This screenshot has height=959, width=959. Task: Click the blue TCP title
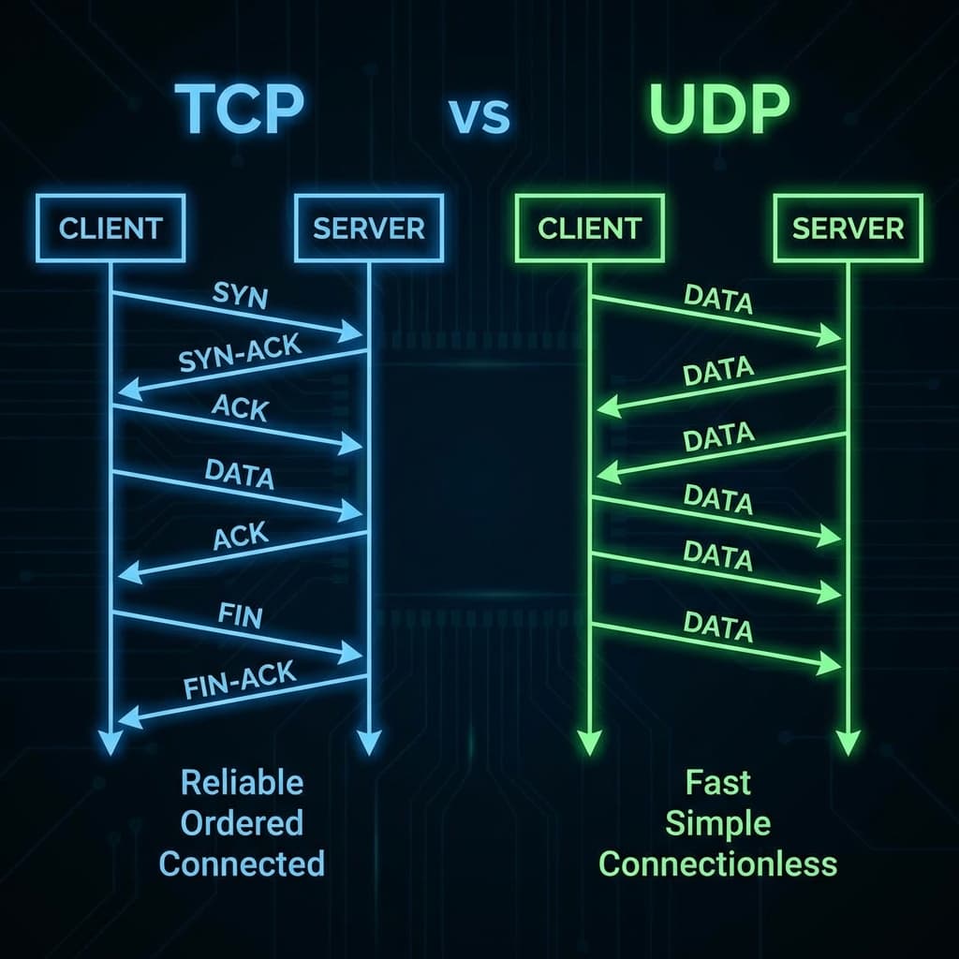pyautogui.click(x=239, y=109)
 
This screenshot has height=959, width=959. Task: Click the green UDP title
pyautogui.click(x=718, y=109)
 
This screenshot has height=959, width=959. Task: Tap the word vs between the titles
pyautogui.click(x=479, y=115)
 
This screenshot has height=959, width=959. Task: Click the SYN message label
pyautogui.click(x=241, y=295)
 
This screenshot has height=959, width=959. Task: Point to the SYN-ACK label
pyautogui.click(x=240, y=353)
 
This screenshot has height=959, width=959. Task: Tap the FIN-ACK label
pyautogui.click(x=240, y=680)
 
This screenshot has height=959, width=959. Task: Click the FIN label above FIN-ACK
pyautogui.click(x=241, y=616)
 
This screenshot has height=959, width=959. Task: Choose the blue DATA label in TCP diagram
pyautogui.click(x=239, y=474)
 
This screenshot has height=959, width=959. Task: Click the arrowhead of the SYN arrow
pyautogui.click(x=352, y=331)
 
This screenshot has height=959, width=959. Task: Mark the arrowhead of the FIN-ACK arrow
pyautogui.click(x=129, y=717)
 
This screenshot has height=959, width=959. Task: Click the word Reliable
pyautogui.click(x=243, y=782)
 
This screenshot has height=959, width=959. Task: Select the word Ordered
pyautogui.click(x=243, y=822)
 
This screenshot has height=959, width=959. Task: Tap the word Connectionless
pyautogui.click(x=718, y=863)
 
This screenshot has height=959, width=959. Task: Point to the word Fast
pyautogui.click(x=718, y=782)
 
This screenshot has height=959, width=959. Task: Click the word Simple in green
pyautogui.click(x=718, y=824)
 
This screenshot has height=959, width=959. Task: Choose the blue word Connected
pyautogui.click(x=243, y=863)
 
